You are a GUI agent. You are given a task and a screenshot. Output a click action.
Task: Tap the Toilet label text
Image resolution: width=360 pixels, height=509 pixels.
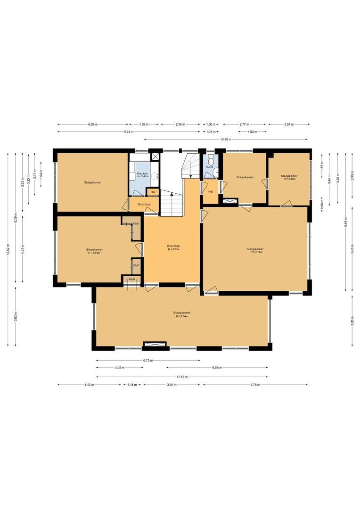(209, 167)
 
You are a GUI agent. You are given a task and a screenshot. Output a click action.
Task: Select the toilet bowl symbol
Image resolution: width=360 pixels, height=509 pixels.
(211, 158)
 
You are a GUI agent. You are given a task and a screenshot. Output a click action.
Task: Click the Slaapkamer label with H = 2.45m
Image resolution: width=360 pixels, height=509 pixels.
(289, 177)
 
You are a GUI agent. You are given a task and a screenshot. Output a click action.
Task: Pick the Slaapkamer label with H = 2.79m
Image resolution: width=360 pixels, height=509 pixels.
(255, 250)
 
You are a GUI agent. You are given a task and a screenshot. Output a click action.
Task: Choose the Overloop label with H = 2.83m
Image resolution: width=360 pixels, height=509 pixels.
(173, 247)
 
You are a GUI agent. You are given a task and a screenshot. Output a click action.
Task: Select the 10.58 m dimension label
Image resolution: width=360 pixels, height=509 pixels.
(227, 140)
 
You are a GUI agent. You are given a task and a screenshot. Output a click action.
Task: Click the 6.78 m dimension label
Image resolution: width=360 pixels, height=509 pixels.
(255, 385)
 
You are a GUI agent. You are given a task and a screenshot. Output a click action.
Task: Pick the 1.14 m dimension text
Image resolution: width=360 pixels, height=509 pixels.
(132, 385)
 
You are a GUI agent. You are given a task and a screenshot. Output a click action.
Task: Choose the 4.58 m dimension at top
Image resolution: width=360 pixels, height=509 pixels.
(92, 124)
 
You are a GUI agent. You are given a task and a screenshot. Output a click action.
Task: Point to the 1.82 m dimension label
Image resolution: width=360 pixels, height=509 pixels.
(252, 132)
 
